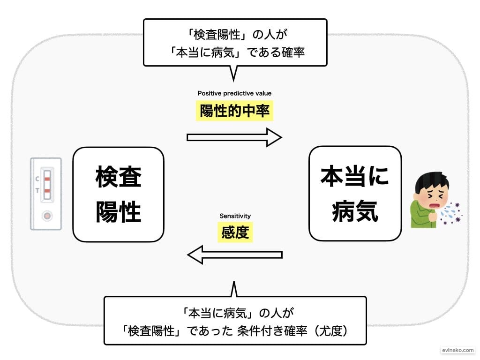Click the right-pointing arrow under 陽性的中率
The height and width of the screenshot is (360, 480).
click(x=234, y=137)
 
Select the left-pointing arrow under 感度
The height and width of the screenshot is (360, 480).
click(x=234, y=255)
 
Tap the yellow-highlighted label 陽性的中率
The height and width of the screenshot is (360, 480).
click(x=234, y=111)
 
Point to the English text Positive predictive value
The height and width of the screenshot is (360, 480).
click(x=234, y=93)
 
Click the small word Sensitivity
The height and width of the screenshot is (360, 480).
click(x=235, y=216)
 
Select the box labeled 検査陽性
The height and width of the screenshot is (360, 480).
click(x=118, y=195)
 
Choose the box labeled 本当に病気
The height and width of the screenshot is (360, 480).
click(x=355, y=194)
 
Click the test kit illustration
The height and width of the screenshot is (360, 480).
click(x=46, y=194)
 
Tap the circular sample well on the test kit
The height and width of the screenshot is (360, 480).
click(x=46, y=216)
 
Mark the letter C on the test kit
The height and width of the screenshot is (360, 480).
click(x=37, y=179)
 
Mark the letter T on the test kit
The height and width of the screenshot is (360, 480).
click(x=37, y=191)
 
